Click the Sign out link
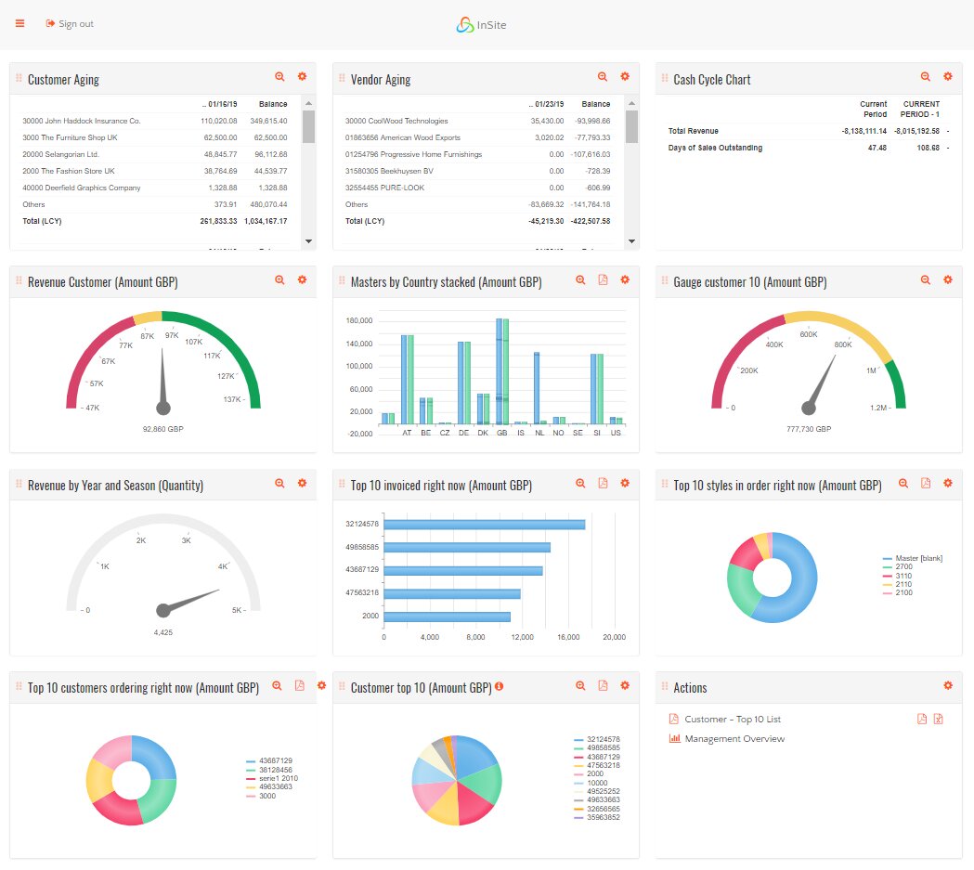click(x=70, y=24)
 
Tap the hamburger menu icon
click(x=19, y=23)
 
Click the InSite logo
click(x=481, y=25)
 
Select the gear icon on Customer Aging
click(x=302, y=77)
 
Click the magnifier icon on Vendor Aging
click(x=603, y=77)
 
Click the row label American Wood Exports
click(x=408, y=137)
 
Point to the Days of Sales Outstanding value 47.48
click(x=877, y=148)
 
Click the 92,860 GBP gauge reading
click(x=163, y=430)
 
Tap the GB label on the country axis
click(x=502, y=433)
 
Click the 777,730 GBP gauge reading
click(x=808, y=430)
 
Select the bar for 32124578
click(x=484, y=525)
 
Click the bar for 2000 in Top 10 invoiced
click(x=447, y=617)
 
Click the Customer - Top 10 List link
click(x=732, y=720)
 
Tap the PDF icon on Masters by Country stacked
click(x=603, y=279)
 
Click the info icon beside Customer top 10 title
click(x=499, y=687)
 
